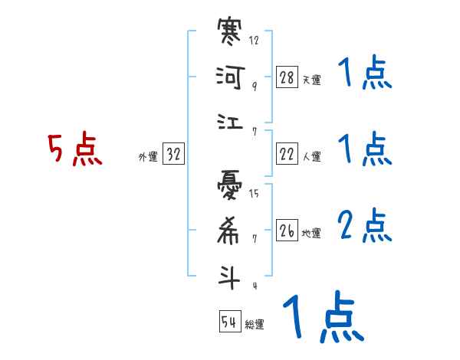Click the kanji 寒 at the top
pos(230,34)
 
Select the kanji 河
pos(230,77)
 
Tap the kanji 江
pos(230,121)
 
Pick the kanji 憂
pos(230,186)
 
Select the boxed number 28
pos(287,77)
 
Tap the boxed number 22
pos(287,154)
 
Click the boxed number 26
pos(287,231)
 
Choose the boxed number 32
pos(173,155)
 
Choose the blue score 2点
pos(364,225)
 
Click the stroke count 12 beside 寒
pos(255,40)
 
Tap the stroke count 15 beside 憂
pos(255,193)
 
